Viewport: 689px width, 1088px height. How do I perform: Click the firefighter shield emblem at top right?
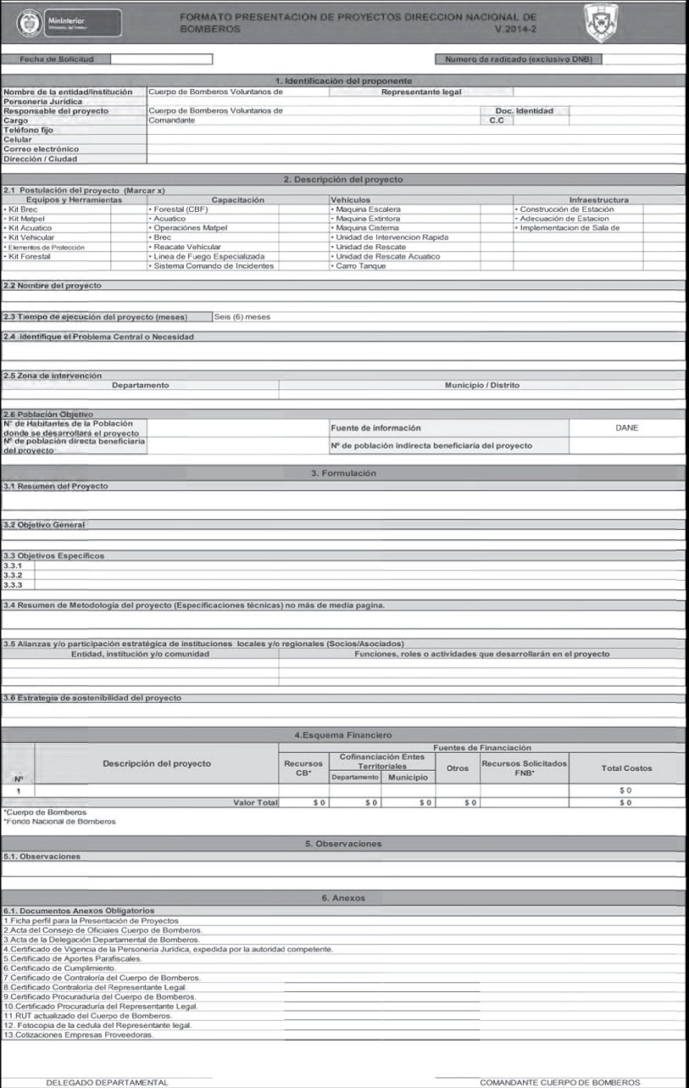(601, 20)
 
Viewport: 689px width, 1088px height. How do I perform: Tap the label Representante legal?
(421, 92)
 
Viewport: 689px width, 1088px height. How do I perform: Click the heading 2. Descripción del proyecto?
(343, 179)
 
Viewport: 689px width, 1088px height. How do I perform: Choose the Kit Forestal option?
(29, 256)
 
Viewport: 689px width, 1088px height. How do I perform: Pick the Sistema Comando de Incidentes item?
(213, 266)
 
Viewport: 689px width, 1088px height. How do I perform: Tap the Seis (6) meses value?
(243, 316)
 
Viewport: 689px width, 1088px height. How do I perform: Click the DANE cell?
(627, 427)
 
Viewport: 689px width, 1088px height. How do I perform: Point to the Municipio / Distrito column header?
(482, 385)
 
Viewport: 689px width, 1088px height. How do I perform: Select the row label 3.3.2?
(13, 575)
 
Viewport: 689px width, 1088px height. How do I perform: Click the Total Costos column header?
(626, 767)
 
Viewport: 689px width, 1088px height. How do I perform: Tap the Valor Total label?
(255, 801)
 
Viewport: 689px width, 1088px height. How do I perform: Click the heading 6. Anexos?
(343, 897)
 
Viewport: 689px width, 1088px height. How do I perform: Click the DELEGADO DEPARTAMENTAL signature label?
(107, 1082)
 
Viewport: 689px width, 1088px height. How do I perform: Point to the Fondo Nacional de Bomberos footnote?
(60, 821)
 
